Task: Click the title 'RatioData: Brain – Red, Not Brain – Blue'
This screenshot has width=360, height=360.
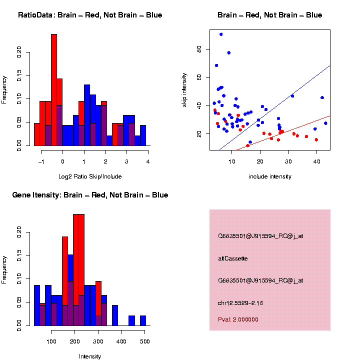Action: pyautogui.click(x=90, y=15)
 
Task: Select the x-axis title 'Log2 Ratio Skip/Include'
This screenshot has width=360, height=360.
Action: pyautogui.click(x=90, y=176)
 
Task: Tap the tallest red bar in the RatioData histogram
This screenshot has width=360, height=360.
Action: pyautogui.click(x=54, y=90)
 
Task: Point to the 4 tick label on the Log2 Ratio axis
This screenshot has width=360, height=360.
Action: pyautogui.click(x=148, y=161)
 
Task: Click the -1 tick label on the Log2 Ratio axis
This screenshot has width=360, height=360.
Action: pyautogui.click(x=41, y=161)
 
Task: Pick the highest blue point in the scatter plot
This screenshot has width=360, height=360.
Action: pyautogui.click(x=221, y=34)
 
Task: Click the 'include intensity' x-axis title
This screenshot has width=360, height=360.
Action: pyautogui.click(x=270, y=176)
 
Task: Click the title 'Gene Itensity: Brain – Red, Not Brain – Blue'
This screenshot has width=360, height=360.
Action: pyautogui.click(x=90, y=195)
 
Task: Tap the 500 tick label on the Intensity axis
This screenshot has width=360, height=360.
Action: pyautogui.click(x=144, y=341)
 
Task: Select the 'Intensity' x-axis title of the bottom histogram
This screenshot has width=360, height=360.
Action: pyautogui.click(x=90, y=356)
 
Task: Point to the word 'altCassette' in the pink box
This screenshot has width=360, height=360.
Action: pyautogui.click(x=233, y=258)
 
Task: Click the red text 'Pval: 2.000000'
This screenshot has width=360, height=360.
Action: pyautogui.click(x=238, y=319)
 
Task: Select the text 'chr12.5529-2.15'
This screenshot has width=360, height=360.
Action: pyautogui.click(x=240, y=303)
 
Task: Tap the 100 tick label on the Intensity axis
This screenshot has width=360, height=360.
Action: pyautogui.click(x=51, y=341)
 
